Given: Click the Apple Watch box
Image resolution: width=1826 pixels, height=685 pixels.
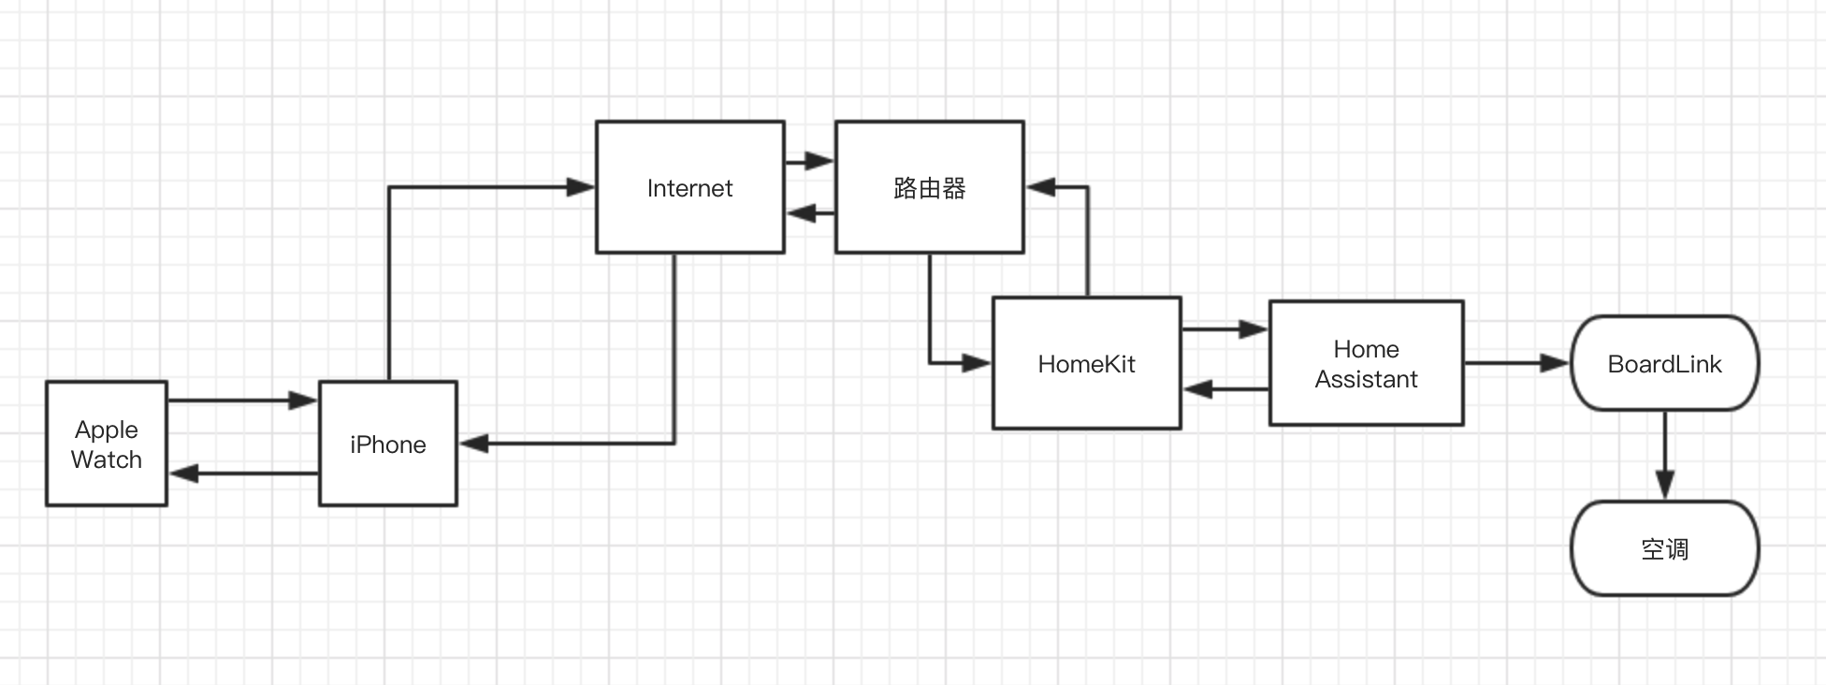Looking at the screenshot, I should point(107,444).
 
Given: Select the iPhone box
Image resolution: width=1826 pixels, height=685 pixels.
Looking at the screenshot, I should point(387,444).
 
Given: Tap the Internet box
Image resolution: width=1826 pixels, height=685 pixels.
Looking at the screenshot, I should point(689,187).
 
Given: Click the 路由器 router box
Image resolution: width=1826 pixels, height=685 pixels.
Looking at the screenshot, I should point(929,187).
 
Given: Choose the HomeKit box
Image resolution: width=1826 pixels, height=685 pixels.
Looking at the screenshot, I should point(1086,363).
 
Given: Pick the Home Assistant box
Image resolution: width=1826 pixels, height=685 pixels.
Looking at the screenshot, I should point(1366,363).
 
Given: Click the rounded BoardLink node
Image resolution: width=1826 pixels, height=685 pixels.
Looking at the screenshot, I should point(1664,363).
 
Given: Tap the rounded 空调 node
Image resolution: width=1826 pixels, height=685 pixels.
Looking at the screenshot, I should point(1664,548).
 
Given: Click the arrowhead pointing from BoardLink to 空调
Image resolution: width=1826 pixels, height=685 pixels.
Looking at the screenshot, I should point(1664,485).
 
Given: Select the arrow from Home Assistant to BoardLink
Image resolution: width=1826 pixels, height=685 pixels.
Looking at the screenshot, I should point(1515,363).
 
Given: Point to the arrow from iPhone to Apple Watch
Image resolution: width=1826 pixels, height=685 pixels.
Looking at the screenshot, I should point(243,474).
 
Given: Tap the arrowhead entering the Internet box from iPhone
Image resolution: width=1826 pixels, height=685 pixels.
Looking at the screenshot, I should point(581,187).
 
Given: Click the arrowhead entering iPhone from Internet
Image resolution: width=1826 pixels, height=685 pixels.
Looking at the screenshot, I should point(474,444).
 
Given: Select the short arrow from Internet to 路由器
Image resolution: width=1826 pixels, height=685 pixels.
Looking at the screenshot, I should point(809,161).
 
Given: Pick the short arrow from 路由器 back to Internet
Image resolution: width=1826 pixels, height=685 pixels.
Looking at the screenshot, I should point(810,214).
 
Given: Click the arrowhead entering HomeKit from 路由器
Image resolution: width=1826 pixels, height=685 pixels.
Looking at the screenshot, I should point(977,363).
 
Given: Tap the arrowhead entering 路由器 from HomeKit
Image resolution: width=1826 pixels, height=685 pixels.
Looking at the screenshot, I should point(1041,187).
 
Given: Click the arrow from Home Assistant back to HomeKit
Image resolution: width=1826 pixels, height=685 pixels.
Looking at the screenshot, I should point(1225,389).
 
